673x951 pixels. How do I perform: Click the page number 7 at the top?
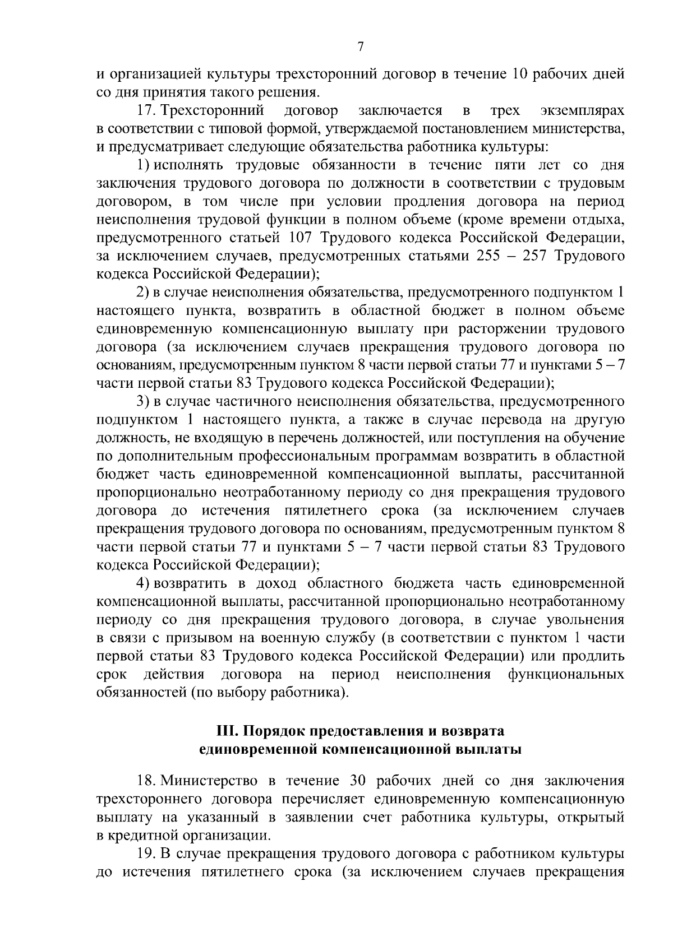tap(361, 48)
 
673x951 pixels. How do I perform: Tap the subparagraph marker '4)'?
tap(142, 583)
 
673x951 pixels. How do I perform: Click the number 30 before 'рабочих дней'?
tap(358, 780)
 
